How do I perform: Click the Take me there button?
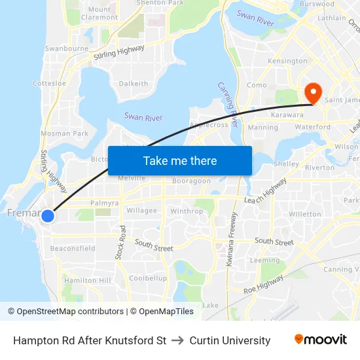[x=180, y=160]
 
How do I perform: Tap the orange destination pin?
[x=312, y=93]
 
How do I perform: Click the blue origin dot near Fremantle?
[x=47, y=214]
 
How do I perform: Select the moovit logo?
[x=320, y=340]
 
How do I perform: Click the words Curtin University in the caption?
[x=230, y=340]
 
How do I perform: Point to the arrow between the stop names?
[x=178, y=340]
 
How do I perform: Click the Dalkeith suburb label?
[x=134, y=84]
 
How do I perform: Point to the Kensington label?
[x=287, y=61]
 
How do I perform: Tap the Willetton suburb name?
[x=305, y=214]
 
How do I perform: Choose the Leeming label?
[x=264, y=261]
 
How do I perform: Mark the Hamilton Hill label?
[x=87, y=280]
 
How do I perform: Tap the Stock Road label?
[x=120, y=242]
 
